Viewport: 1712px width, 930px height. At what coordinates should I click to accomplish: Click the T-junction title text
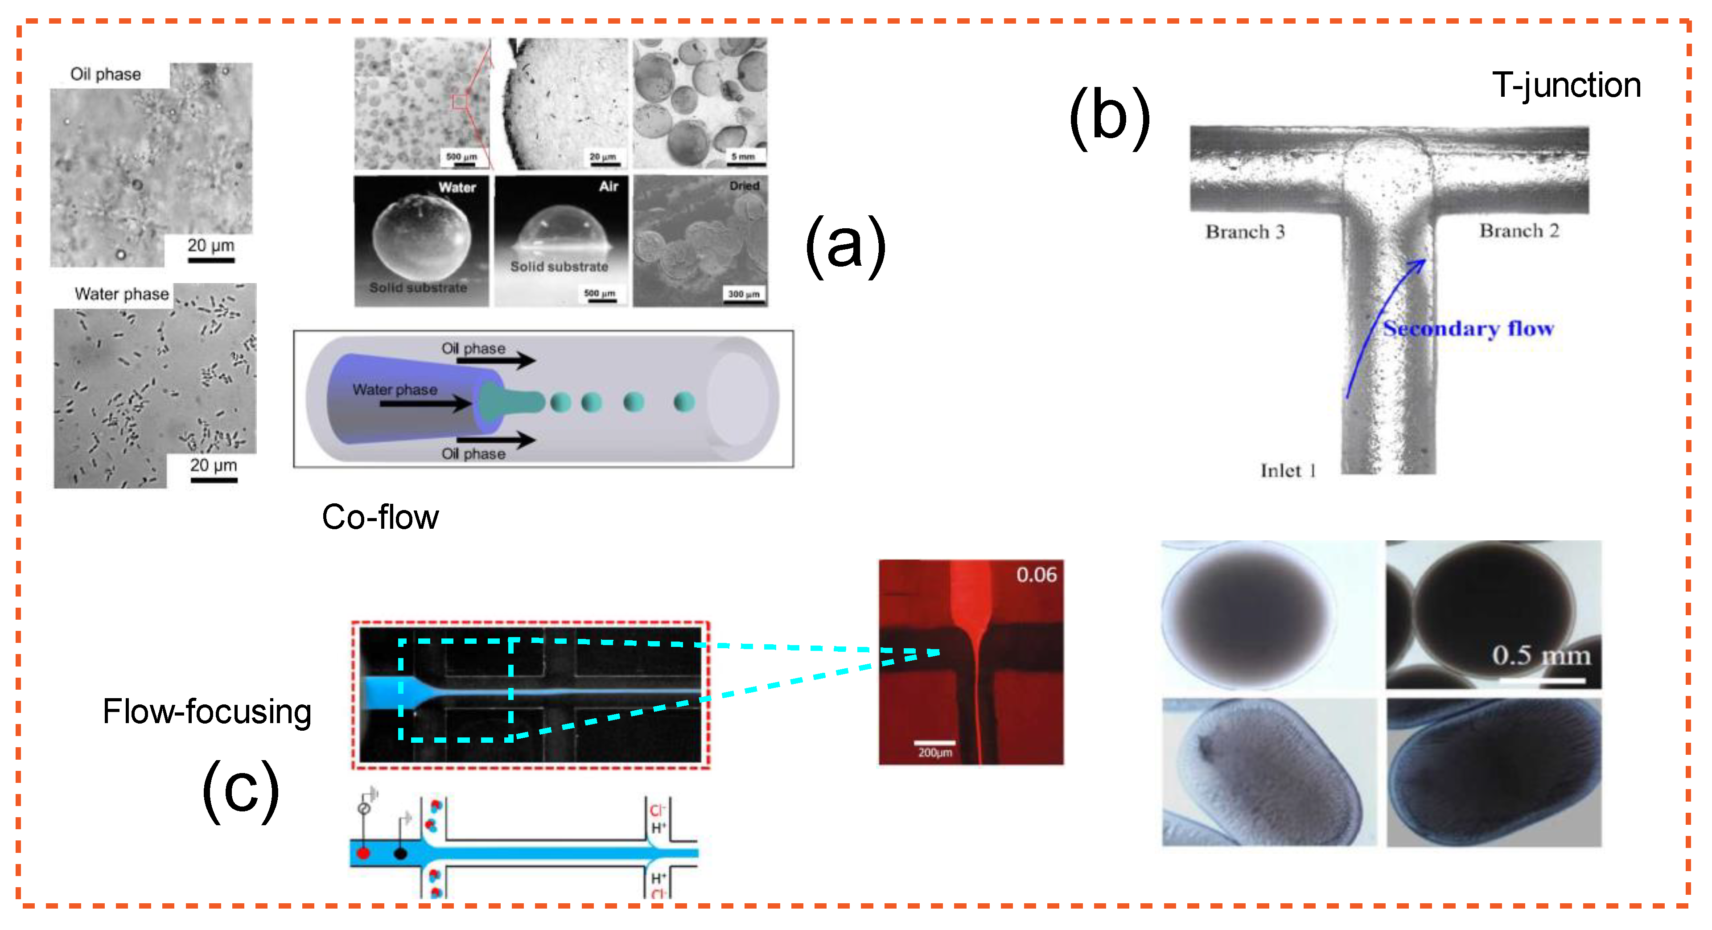[x=1566, y=86]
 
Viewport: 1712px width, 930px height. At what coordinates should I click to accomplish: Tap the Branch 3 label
[x=1245, y=231]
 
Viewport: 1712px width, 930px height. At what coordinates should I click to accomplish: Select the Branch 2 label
[x=1519, y=230]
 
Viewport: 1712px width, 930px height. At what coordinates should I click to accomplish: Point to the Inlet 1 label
[x=1287, y=471]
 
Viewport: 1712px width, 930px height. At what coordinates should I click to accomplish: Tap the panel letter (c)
[x=241, y=790]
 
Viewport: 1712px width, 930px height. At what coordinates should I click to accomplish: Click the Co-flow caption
[x=380, y=517]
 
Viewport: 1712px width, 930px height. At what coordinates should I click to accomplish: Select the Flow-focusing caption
[x=207, y=711]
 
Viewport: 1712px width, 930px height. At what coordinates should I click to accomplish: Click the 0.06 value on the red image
[x=1035, y=574]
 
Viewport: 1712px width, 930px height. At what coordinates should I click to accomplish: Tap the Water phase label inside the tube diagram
[x=395, y=390]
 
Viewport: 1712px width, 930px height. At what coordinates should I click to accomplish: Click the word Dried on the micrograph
[x=744, y=186]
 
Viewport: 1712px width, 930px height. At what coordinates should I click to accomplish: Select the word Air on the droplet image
[x=608, y=187]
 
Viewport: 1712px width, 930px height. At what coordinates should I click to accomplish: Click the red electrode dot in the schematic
[x=363, y=853]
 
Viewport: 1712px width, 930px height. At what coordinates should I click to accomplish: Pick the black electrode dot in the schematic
[x=400, y=853]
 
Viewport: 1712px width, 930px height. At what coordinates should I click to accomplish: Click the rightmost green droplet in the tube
[x=684, y=402]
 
